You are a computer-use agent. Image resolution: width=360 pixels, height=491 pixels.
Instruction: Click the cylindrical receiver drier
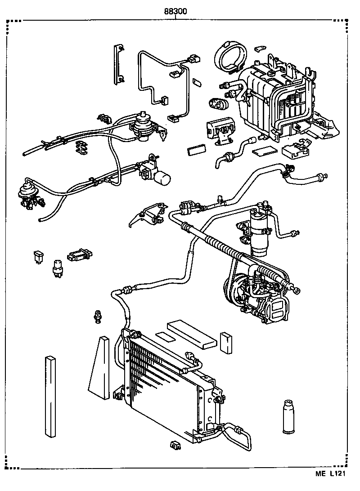point(259,229)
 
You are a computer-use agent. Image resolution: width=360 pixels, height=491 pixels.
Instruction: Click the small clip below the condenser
point(175,446)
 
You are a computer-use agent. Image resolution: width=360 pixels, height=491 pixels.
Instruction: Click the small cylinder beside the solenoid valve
point(163,179)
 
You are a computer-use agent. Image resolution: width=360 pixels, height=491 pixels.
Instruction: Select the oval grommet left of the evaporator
point(219,104)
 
